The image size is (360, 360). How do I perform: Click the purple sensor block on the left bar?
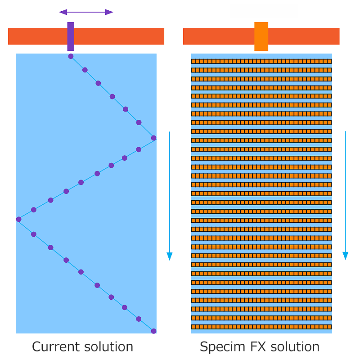coord(71,36)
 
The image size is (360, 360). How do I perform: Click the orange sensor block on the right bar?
coord(261,36)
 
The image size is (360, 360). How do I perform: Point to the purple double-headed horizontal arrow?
coord(86,12)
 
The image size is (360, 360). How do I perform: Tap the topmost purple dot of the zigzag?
coord(71,56)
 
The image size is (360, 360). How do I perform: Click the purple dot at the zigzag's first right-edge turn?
coord(153,138)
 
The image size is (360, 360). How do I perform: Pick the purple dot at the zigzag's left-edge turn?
coord(18,219)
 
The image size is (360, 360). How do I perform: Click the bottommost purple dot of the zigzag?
coord(153,331)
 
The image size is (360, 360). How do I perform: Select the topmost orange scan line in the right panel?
coord(261,61)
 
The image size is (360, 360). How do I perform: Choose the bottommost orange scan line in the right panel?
coord(261,327)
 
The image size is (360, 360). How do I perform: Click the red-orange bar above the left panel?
coord(117,36)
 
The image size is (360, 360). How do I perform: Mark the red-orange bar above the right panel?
coord(306,36)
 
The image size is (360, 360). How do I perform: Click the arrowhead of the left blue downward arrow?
coord(170,256)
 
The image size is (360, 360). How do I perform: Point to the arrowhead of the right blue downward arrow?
coord(346,256)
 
